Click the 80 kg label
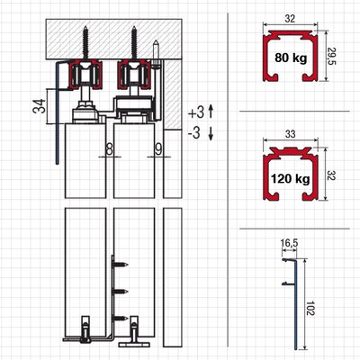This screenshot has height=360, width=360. pos(291,58)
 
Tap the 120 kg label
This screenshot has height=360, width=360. pos(291,179)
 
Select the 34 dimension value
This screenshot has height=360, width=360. pos(40,106)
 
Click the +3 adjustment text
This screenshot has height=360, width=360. pos(196,112)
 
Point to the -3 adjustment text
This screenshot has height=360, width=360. pos(194,133)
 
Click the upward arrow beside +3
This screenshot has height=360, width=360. pos(211,112)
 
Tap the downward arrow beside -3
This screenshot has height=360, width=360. pos(211,133)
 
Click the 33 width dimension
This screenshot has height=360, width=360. pos(291,134)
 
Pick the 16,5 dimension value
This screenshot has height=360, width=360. pos(289,243)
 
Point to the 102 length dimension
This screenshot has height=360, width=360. pos(310,308)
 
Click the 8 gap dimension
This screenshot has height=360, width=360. pos(110,149)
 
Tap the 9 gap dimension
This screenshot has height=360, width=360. pos(158,149)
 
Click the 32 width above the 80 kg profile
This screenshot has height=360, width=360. pos(290,19)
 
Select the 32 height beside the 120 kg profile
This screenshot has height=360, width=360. pos(331,175)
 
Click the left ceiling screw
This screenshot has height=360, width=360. pos(85,43)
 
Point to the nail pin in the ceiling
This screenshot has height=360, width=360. pos(156,51)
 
